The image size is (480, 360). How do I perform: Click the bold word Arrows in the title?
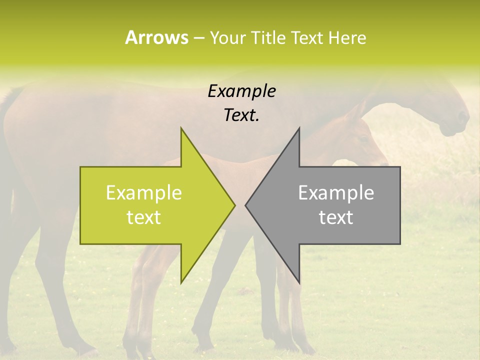click(156, 37)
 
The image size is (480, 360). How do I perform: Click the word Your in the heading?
click(227, 37)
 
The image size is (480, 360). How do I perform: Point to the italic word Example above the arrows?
click(241, 91)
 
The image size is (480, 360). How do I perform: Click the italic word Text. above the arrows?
click(241, 115)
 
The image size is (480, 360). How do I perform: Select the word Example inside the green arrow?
click(144, 193)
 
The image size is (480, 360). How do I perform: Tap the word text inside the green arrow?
click(144, 217)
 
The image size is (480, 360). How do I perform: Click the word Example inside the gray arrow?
click(336, 193)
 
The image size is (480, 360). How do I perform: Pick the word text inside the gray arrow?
click(336, 217)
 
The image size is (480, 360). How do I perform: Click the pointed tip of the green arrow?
click(234, 205)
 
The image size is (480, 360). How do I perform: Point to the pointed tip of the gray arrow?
click(246, 205)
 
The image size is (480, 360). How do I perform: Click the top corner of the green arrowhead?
click(181, 128)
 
